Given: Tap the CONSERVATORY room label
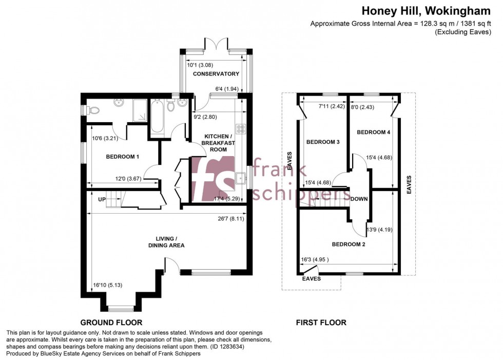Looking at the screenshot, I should coord(216,74).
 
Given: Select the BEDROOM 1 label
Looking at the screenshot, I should coord(122,157).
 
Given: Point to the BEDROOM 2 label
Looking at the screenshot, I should coord(348,244).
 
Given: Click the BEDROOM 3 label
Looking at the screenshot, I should coord(323,142).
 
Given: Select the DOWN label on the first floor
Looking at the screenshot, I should coord(359,199).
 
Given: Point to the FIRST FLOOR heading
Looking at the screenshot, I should coord(321,323).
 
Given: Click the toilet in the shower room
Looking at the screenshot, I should coord(92,110).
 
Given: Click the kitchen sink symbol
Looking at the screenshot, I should coord(240,179).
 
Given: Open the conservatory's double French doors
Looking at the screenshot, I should coord(215,44).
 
